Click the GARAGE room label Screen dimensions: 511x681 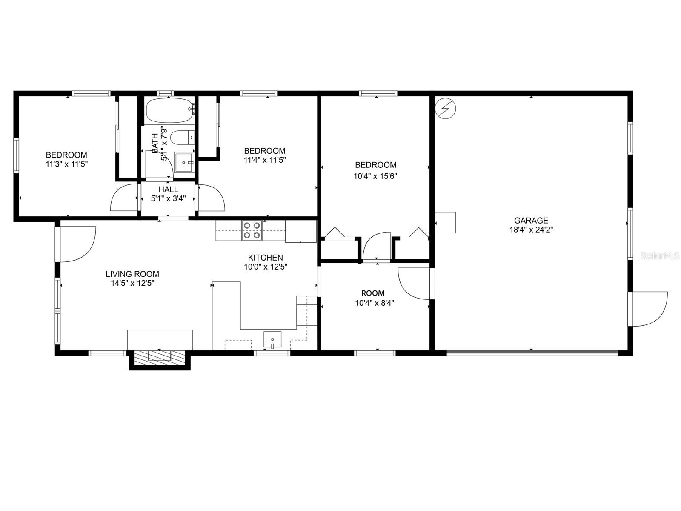[x=531, y=221]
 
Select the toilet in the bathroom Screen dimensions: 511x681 [x=180, y=138]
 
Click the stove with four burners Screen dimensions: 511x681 [x=252, y=230]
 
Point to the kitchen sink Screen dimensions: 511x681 [x=272, y=340]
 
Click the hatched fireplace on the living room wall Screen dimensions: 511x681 [x=159, y=357]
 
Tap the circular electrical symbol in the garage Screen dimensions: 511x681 [x=446, y=109]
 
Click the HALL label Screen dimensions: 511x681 [x=168, y=189]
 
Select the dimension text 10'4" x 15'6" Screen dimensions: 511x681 [x=375, y=175]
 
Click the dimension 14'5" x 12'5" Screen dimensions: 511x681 [x=132, y=283]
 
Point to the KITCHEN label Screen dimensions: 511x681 [x=265, y=258]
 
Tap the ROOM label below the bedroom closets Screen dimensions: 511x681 [x=373, y=293]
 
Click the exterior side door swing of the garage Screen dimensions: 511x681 [x=650, y=309]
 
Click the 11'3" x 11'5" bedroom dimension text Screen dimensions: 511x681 [x=66, y=164]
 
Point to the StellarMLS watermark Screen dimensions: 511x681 [x=660, y=255]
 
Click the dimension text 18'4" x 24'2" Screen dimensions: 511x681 [x=531, y=230]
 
